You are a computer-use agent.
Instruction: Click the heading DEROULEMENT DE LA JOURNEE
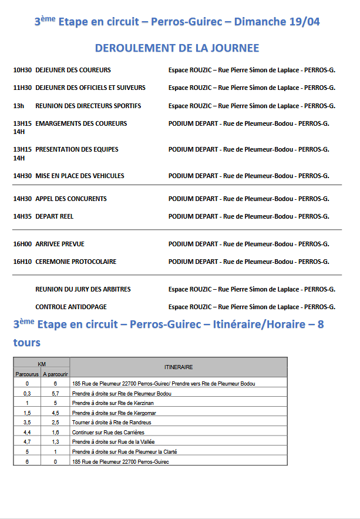(x=177, y=48)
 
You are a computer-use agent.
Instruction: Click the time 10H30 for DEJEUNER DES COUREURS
(x=22, y=71)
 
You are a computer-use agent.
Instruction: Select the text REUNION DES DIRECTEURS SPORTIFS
(x=88, y=106)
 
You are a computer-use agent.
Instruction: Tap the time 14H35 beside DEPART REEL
(x=22, y=217)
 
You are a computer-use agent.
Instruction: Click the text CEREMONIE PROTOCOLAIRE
(x=76, y=262)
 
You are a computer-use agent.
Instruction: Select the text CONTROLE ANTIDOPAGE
(x=71, y=307)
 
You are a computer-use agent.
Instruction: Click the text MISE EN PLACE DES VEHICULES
(x=80, y=176)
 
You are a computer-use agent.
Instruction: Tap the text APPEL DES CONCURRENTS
(x=71, y=199)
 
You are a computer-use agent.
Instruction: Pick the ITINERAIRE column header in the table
(x=179, y=367)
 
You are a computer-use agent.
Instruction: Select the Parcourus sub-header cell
(x=27, y=374)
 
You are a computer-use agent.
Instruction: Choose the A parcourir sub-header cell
(x=55, y=374)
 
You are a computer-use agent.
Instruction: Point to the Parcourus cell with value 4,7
(x=27, y=442)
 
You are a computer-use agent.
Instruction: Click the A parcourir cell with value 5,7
(x=55, y=393)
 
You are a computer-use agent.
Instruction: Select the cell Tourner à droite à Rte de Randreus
(x=112, y=423)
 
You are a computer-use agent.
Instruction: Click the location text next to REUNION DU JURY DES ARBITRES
(x=251, y=290)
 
